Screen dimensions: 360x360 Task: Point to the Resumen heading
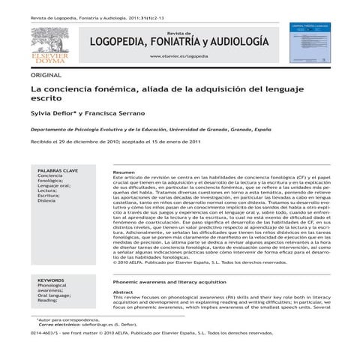[x=124, y=172]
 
